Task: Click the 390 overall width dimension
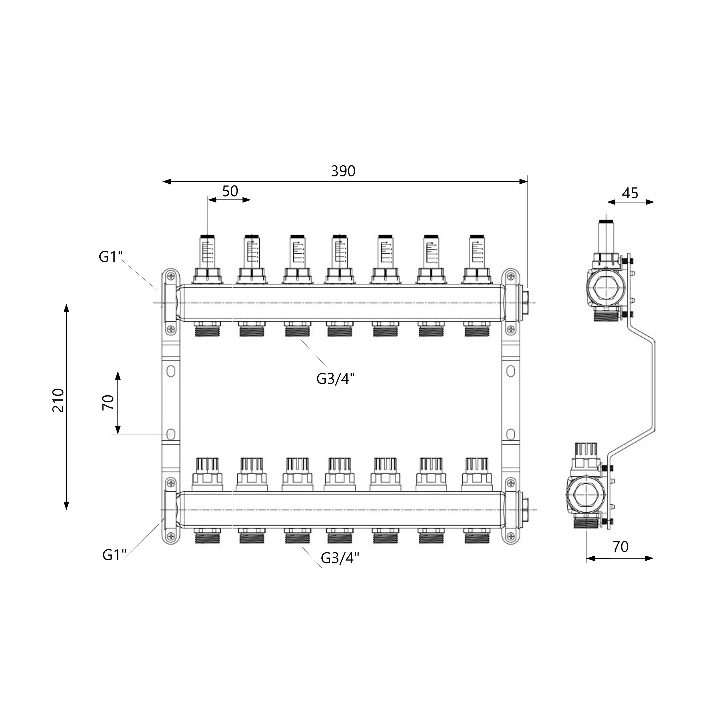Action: tap(343, 171)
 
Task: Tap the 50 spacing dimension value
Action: tap(230, 191)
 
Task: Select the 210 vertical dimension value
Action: tap(58, 401)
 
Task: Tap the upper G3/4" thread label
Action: tap(335, 379)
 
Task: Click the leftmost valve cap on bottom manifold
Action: tap(207, 474)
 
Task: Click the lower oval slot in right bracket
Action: tap(510, 434)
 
